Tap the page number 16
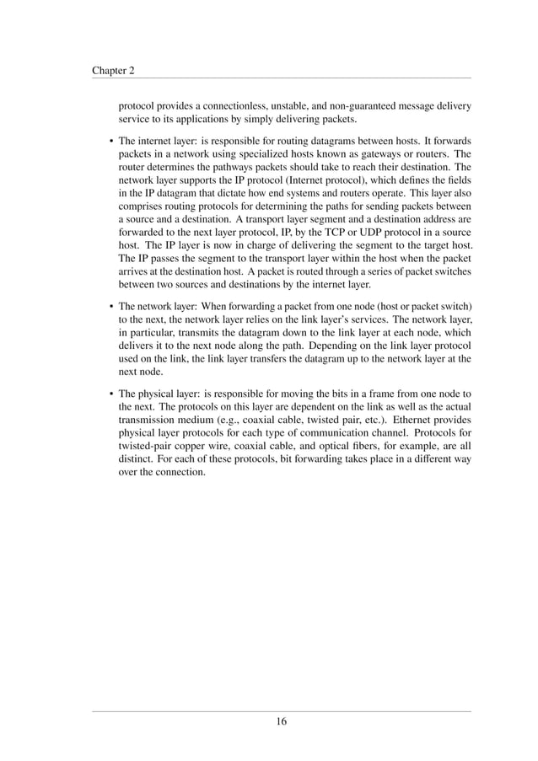[282, 721]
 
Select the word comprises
[144, 205]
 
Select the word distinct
[136, 461]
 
